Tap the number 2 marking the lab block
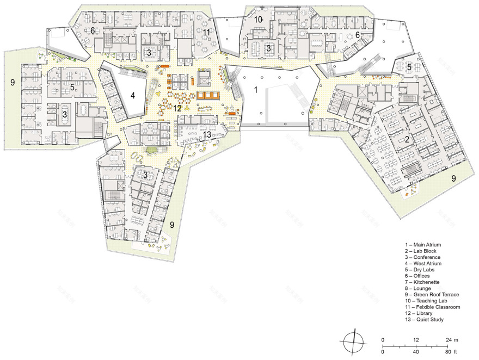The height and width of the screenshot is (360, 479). click(407, 139)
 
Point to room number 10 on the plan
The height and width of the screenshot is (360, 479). click(257, 20)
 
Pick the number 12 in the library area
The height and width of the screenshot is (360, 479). click(177, 108)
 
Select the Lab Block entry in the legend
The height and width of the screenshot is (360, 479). click(421, 251)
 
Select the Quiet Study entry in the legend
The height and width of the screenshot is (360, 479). click(424, 320)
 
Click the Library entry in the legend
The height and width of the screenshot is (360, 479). click(420, 313)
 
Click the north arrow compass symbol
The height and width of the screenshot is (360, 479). click(353, 343)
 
